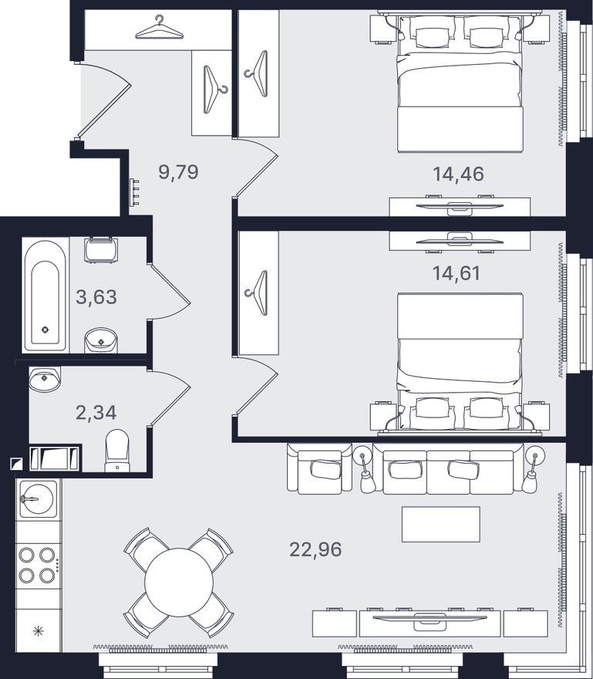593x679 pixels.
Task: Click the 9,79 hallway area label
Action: tap(178, 172)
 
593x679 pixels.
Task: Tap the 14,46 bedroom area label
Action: tap(458, 174)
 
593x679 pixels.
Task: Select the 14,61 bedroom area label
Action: tap(457, 273)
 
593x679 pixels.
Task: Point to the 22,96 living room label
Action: tap(315, 549)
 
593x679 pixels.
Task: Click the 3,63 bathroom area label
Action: tap(96, 297)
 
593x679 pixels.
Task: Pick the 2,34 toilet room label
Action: tap(96, 412)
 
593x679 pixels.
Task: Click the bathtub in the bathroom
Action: tap(45, 295)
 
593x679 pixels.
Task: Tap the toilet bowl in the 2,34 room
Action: tap(117, 451)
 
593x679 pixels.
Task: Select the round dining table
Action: tap(179, 582)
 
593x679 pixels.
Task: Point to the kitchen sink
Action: tap(38, 499)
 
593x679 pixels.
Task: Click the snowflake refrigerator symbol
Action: tap(39, 630)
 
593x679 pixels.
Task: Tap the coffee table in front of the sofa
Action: tap(440, 524)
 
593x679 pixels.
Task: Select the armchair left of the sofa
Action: tap(320, 469)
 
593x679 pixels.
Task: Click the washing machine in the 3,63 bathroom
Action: tap(101, 249)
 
